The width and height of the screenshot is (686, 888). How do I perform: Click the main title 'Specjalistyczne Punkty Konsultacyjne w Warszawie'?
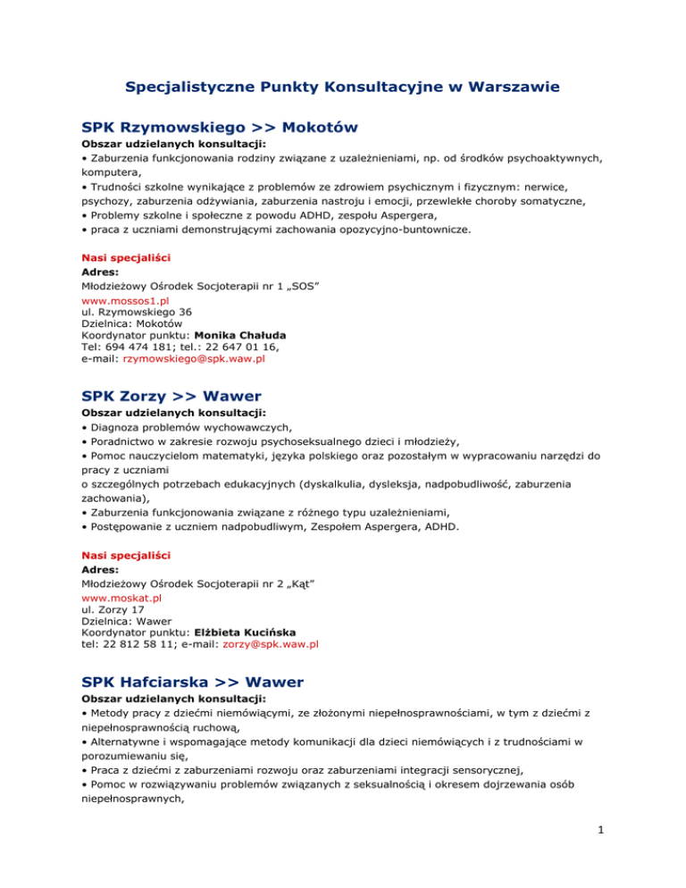pyautogui.click(x=343, y=88)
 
